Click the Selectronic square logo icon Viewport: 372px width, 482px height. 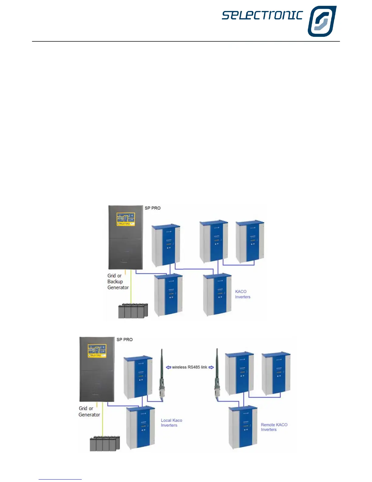(322, 21)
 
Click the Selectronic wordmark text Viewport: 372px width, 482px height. (262, 15)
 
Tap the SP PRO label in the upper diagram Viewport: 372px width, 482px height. (153, 208)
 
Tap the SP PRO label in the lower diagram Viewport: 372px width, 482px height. (125, 340)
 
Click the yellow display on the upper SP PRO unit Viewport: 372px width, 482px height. (126, 219)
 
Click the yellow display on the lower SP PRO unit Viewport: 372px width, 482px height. (97, 351)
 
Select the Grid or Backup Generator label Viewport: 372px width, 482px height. (118, 281)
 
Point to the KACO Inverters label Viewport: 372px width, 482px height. (242, 294)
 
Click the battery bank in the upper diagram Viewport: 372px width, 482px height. (133, 311)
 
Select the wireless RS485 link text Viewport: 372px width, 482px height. (189, 367)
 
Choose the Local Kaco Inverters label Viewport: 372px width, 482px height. (171, 423)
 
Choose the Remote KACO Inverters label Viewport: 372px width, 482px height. (274, 427)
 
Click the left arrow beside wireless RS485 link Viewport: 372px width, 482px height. (168, 367)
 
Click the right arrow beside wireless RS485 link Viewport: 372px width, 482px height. (211, 367)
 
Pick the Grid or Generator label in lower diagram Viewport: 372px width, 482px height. (89, 411)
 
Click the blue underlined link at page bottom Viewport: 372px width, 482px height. (60, 479)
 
